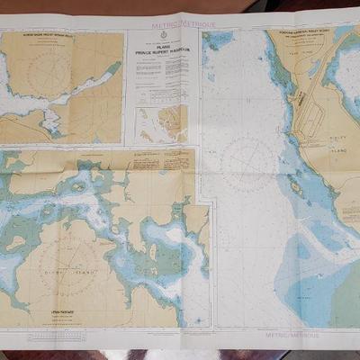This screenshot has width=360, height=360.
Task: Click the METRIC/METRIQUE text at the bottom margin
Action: click(x=290, y=333)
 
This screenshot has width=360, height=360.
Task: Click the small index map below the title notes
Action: click(x=162, y=121)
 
